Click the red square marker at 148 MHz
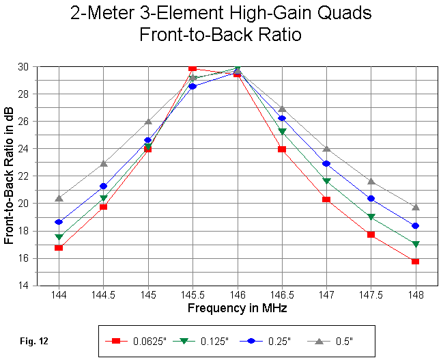pos(415,261)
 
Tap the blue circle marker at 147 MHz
pos(326,164)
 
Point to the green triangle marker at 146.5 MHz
pos(281,132)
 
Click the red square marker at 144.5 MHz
pos(103,206)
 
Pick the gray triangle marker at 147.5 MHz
pos(371,181)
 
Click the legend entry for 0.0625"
pos(137,340)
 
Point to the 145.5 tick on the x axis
pos(193,296)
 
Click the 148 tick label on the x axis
pos(415,296)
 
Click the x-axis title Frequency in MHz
pos(237,308)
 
